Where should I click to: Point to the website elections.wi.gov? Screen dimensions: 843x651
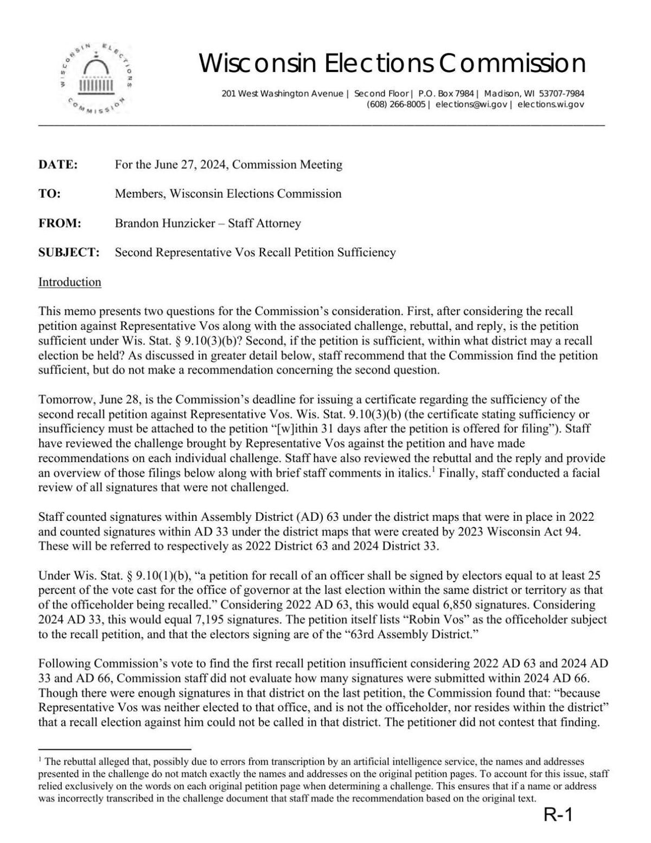(x=551, y=104)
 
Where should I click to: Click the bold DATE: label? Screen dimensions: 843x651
(x=58, y=164)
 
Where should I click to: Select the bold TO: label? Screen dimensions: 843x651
(x=49, y=194)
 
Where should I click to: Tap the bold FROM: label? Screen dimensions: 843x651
(x=60, y=223)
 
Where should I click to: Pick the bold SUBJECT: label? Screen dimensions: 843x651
(x=69, y=252)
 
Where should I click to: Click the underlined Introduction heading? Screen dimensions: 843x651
(x=69, y=282)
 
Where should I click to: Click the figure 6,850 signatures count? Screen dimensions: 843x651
(x=441, y=604)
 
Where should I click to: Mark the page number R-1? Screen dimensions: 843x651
(x=558, y=815)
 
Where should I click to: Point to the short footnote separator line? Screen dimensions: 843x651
(x=114, y=749)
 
